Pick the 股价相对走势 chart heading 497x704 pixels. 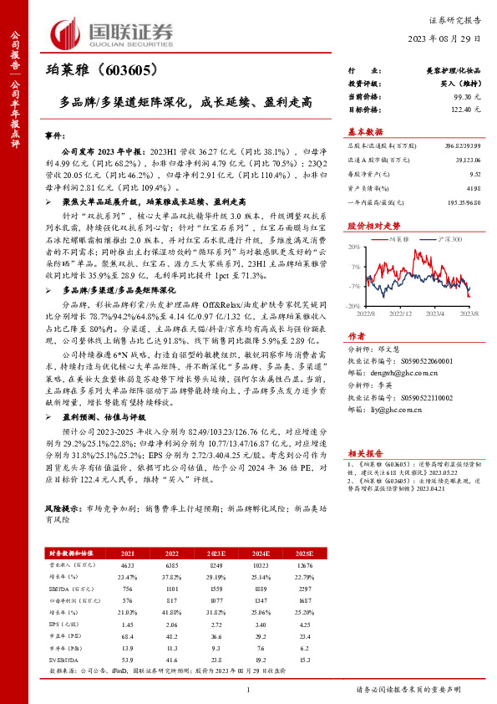pyautogui.click(x=371, y=227)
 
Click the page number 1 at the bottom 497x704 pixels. pyautogui.click(x=248, y=690)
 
